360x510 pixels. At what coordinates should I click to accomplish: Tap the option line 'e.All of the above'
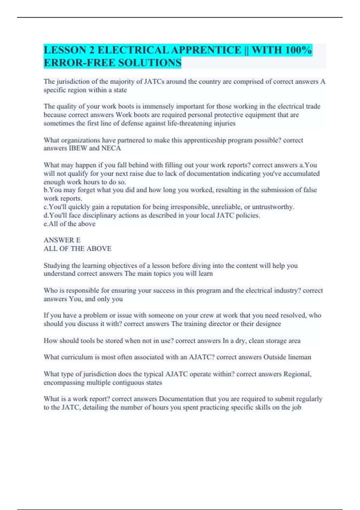[x=70, y=224]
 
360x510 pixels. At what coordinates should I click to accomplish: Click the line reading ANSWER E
[x=62, y=240]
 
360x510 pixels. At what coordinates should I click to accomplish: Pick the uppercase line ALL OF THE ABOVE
[x=77, y=248]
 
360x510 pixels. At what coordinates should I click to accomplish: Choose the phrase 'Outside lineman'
[x=287, y=357]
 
